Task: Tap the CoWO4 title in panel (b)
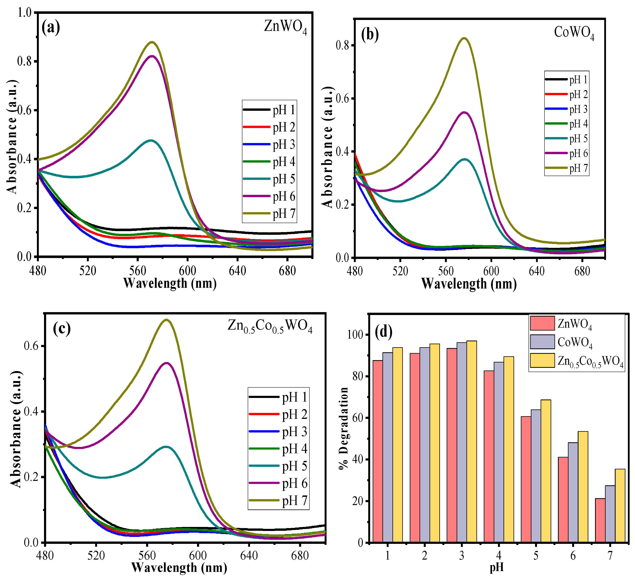[x=574, y=33]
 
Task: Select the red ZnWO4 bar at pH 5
[x=526, y=479]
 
